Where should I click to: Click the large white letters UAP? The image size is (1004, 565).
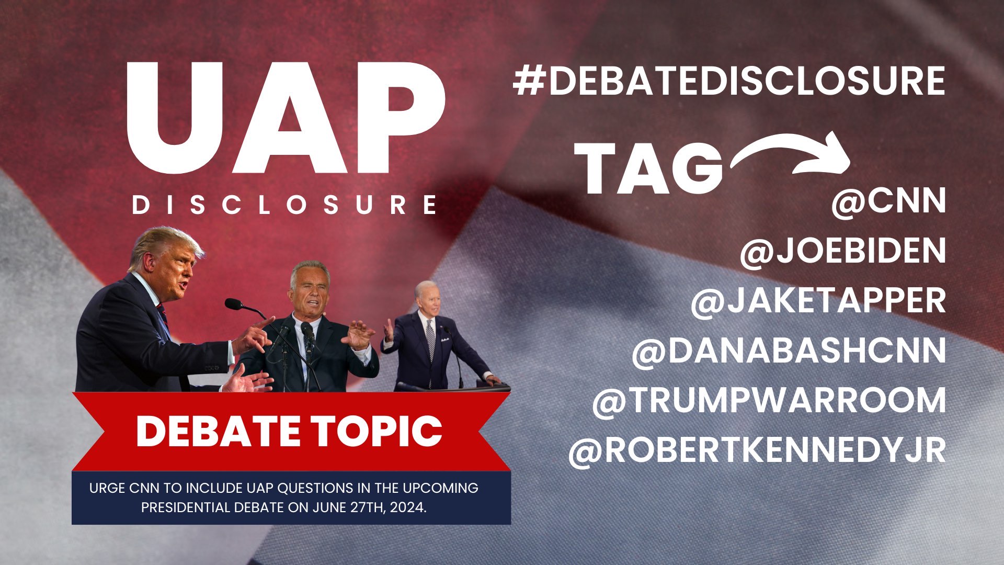tap(286, 119)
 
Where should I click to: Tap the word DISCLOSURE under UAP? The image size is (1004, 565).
tap(285, 205)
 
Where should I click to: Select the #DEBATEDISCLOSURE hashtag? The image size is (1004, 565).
tap(729, 81)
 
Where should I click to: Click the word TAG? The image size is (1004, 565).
tap(648, 168)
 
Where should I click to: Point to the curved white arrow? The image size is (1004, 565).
tap(784, 147)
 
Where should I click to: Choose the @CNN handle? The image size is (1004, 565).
tap(889, 201)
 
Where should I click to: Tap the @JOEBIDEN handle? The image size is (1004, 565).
tap(843, 251)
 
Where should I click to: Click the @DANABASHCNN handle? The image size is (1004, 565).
tap(789, 351)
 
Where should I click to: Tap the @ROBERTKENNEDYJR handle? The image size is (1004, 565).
tap(757, 450)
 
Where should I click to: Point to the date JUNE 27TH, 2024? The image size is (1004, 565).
tap(370, 507)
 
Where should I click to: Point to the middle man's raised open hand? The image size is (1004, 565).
tap(360, 334)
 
